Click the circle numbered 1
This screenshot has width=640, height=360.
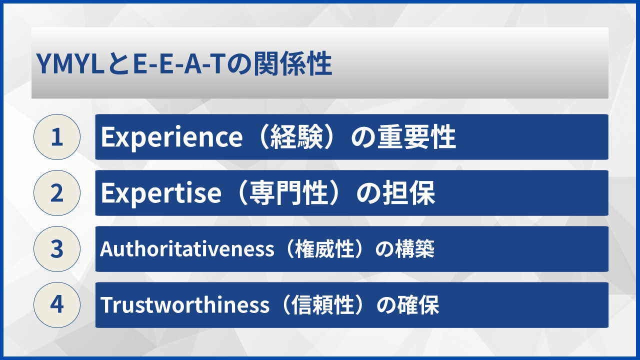point(57,137)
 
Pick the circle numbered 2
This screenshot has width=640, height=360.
point(57,193)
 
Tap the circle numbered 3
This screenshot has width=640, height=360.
point(57,249)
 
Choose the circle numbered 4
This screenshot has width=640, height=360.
point(57,305)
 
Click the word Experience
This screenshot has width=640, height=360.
point(168,137)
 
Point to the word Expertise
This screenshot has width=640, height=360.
point(160,193)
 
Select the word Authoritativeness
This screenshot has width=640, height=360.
point(187,249)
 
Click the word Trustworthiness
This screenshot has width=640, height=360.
point(185,305)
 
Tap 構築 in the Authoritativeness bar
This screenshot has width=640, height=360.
point(419,249)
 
